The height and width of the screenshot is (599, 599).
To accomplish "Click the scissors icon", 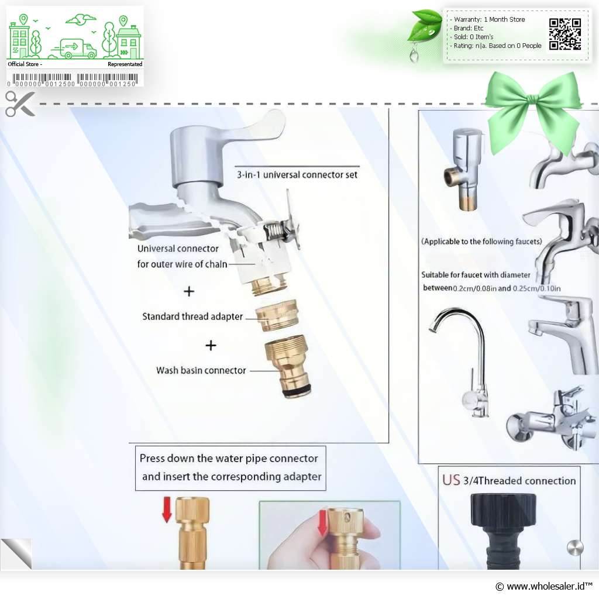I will point(20,104).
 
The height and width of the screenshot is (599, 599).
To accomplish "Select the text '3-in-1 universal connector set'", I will point(297,174).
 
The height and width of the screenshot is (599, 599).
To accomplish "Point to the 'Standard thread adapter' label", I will point(192,316).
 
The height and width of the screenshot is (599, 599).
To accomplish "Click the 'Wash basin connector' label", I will point(201,370).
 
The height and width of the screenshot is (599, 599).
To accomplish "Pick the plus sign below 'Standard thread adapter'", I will point(211,345).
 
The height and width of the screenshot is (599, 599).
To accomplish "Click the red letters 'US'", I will point(451,480).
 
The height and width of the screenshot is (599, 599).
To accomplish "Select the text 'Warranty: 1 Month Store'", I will point(488,19).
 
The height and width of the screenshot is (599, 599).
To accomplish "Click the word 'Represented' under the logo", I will point(125,64).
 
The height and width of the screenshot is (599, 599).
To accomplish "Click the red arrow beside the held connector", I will point(322,522).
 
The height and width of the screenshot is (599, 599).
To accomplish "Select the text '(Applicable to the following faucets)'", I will point(481,241).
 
